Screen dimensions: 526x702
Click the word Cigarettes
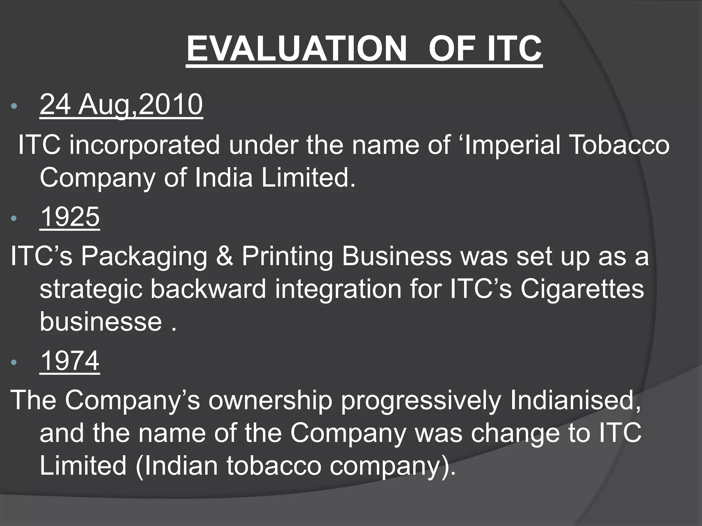coord(582,289)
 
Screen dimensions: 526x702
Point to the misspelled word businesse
coord(100,322)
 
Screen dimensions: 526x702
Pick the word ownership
coord(270,401)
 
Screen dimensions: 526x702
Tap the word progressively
coord(421,401)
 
